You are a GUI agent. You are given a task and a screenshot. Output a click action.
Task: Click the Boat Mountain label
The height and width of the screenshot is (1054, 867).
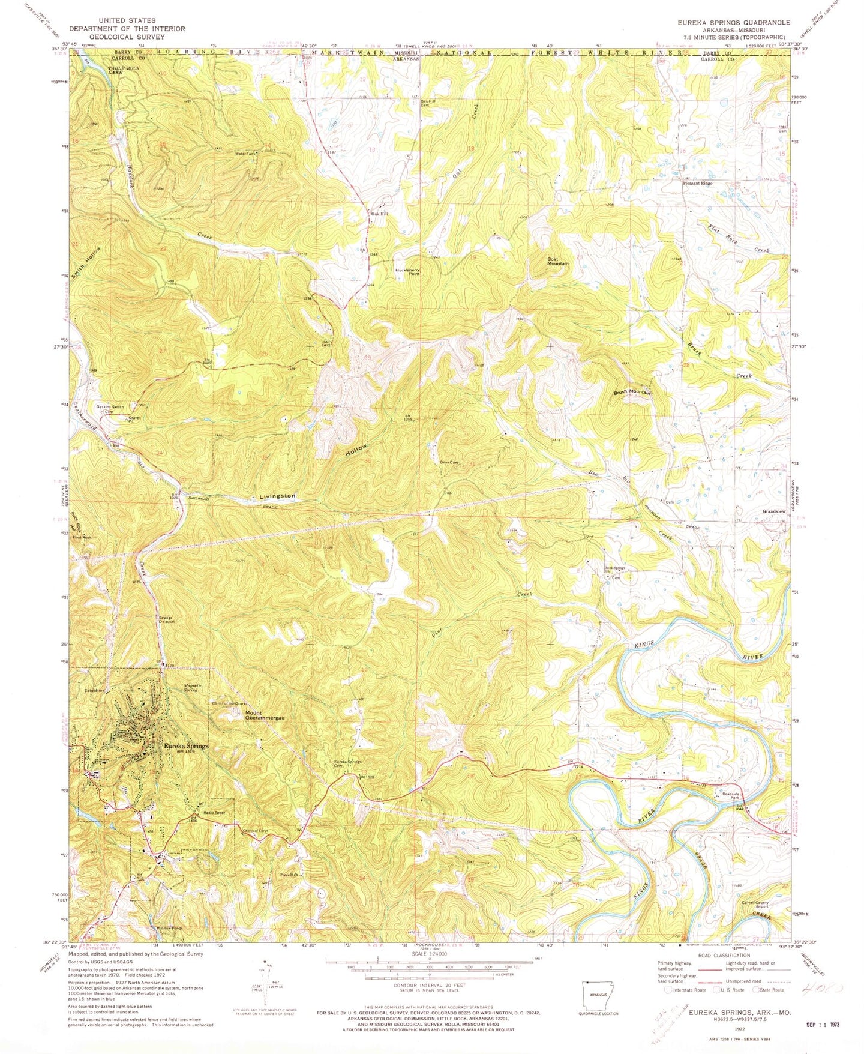pyautogui.click(x=557, y=261)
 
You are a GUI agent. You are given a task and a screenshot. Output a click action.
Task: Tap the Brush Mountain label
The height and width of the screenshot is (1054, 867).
pyautogui.click(x=632, y=392)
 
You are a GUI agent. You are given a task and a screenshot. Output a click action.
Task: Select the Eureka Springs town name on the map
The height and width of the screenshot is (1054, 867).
pyautogui.click(x=186, y=746)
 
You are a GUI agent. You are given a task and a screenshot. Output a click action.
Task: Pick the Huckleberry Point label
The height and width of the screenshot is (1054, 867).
pyautogui.click(x=407, y=271)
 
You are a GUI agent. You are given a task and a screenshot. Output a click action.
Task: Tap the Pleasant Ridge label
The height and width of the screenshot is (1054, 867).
pyautogui.click(x=697, y=183)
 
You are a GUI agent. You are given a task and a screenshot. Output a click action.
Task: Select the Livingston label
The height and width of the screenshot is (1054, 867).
pyautogui.click(x=277, y=496)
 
